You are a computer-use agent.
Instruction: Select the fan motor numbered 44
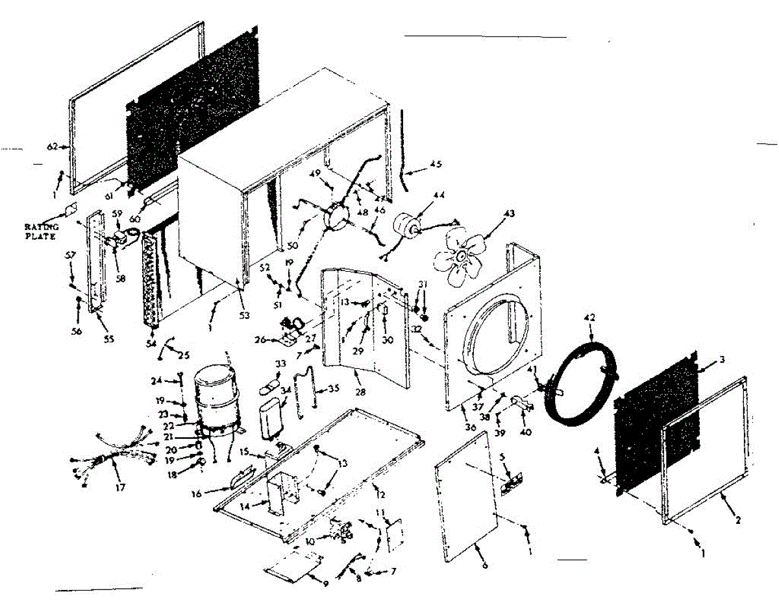407,228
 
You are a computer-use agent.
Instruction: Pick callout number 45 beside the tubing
436,163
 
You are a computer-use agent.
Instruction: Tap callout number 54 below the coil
151,342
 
